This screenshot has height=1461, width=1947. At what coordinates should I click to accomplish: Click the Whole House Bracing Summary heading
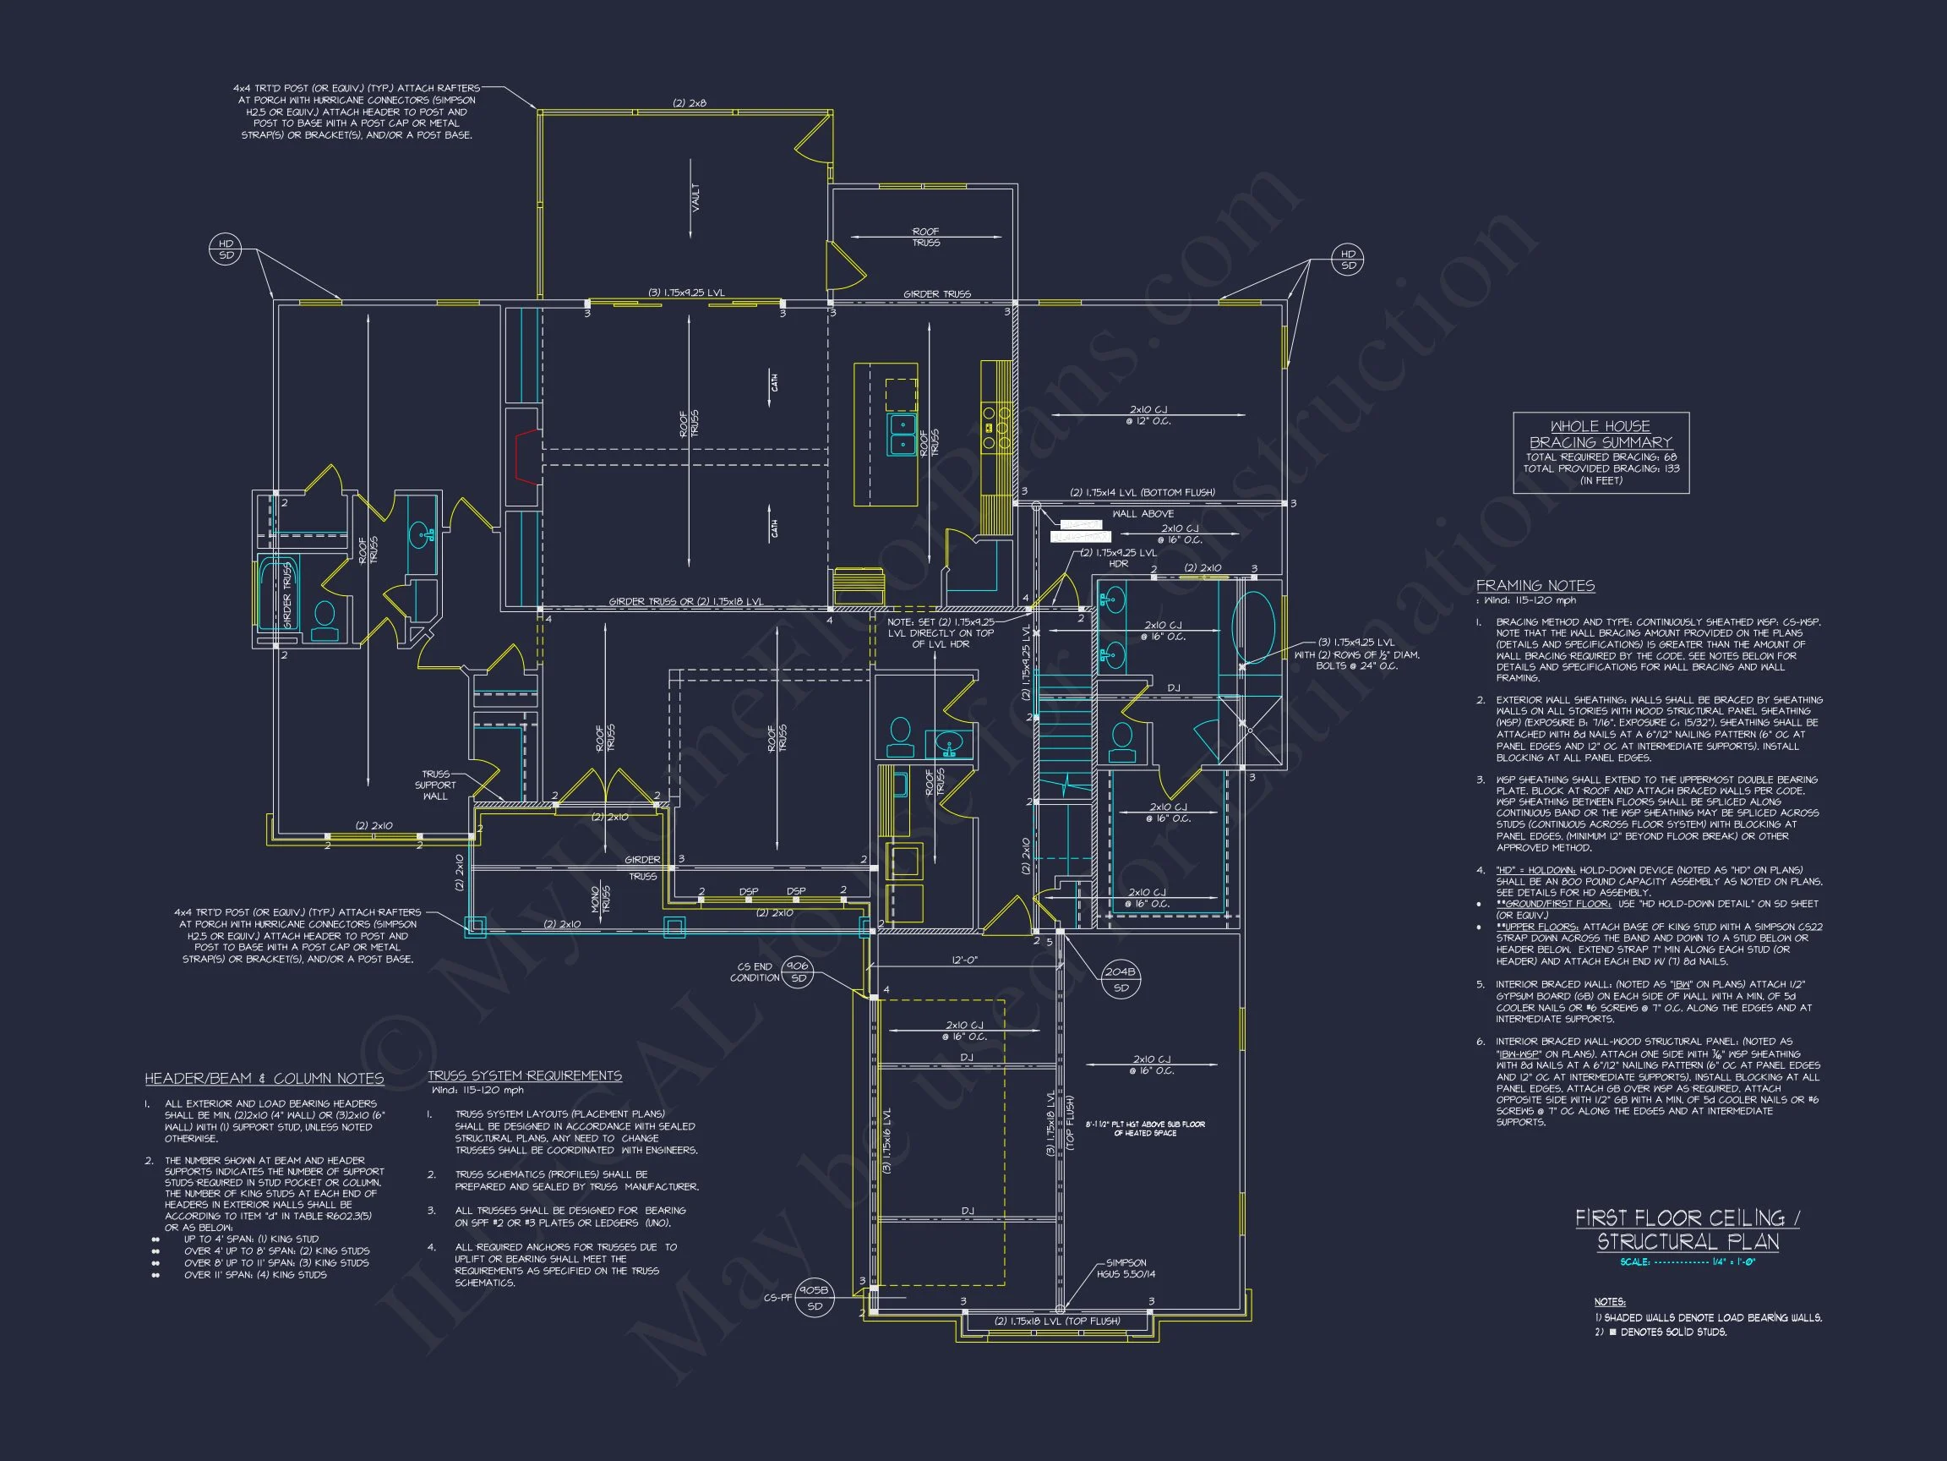(x=1601, y=435)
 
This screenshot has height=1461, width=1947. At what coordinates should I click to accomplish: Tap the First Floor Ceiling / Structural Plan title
(x=1688, y=1229)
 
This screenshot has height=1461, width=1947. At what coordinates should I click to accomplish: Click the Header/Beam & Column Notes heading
(x=264, y=1079)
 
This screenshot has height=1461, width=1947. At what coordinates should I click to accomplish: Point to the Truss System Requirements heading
(x=525, y=1075)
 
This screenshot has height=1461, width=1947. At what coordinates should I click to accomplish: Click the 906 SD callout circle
(x=798, y=971)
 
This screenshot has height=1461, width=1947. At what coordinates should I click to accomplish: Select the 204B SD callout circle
(x=1121, y=979)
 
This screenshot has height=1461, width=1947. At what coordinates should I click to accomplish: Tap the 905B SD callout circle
(x=814, y=1297)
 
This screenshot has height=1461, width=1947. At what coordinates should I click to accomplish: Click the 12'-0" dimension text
(x=964, y=959)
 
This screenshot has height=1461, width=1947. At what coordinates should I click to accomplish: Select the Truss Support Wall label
(x=435, y=785)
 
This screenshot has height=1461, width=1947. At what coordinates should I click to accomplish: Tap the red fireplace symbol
(x=526, y=457)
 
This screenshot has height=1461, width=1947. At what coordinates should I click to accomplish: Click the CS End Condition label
(x=755, y=971)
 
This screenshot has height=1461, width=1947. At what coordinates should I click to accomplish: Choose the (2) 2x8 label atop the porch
(x=690, y=103)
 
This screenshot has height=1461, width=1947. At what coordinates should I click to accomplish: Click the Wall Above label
(x=1143, y=513)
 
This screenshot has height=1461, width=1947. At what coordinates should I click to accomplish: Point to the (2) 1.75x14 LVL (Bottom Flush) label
(x=1142, y=492)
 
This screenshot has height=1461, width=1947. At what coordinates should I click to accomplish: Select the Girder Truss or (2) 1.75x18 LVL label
(x=685, y=601)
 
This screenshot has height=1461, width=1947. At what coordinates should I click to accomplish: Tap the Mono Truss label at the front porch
(x=600, y=900)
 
